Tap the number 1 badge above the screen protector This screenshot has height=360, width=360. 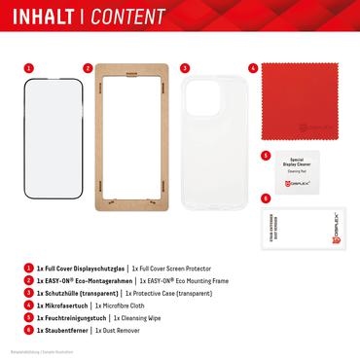[x=28, y=70]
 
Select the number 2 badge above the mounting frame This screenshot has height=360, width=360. [x=88, y=70]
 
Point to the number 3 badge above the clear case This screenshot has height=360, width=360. [x=185, y=70]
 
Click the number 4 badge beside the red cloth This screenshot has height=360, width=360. [x=252, y=70]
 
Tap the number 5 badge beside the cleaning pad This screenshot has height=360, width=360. [x=266, y=155]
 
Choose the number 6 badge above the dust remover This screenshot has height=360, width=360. [x=266, y=198]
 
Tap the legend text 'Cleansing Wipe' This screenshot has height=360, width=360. [x=146, y=315]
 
